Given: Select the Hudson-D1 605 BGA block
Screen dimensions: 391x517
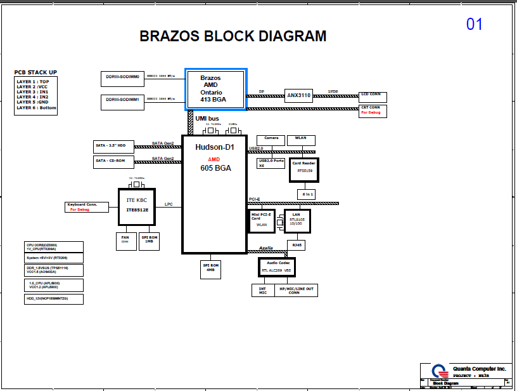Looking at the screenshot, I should [214, 194].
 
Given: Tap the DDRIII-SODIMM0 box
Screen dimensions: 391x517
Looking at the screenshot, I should [123, 78].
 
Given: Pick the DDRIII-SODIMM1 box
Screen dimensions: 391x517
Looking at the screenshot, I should [123, 101].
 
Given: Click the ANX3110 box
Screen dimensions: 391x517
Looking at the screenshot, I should [298, 96].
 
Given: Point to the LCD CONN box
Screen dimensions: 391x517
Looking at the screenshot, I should [373, 96].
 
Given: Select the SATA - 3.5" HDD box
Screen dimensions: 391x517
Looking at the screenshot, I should [111, 146].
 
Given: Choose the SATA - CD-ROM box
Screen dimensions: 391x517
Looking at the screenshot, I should [111, 161].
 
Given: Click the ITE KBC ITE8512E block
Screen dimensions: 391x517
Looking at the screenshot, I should [137, 206].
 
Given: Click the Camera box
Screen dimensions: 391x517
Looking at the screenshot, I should [271, 140].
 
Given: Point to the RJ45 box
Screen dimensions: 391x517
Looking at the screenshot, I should [297, 244].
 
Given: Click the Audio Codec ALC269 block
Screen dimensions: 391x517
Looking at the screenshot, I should [277, 267].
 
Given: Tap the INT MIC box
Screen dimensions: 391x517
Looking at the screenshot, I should [262, 290].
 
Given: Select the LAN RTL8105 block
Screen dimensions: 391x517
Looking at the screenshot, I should [297, 220].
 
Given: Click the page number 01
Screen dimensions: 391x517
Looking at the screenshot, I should [475, 24].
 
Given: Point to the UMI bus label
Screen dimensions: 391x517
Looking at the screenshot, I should [207, 119].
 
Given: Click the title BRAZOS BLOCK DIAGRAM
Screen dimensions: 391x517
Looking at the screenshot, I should [233, 36].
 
